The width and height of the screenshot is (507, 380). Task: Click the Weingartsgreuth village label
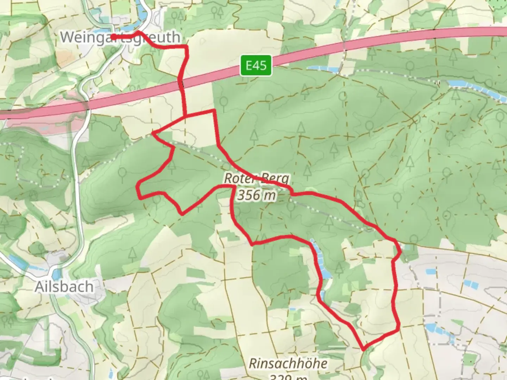[120, 37]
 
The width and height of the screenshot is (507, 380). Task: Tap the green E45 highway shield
[256, 65]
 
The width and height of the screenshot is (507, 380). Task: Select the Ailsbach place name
[64, 287]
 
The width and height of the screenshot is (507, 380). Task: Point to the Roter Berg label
[256, 179]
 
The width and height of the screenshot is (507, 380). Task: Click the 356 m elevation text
[256, 195]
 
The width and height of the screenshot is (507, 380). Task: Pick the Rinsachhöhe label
[288, 363]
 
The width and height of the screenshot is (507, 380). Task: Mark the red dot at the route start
[113, 37]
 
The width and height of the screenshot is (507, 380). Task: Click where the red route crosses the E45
[181, 84]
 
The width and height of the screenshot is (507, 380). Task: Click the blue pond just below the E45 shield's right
[320, 68]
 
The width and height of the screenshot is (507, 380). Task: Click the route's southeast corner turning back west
[399, 329]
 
